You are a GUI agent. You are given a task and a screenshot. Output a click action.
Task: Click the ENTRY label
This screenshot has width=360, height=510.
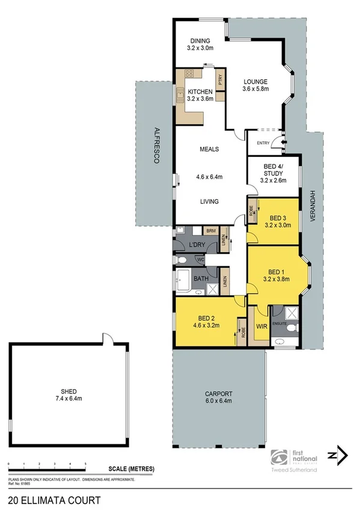263,143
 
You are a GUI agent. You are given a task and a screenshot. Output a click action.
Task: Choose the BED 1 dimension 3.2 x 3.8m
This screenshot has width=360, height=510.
276,279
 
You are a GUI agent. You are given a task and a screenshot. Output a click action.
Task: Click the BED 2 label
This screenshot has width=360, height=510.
206,319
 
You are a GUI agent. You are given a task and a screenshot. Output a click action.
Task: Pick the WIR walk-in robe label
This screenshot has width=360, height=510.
261,326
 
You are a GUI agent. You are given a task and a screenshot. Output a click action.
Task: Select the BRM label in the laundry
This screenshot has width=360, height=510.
210,230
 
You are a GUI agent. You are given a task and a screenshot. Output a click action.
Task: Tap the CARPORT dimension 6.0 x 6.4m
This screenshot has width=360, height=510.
218,401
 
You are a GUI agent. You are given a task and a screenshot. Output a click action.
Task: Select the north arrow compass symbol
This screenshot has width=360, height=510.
338,455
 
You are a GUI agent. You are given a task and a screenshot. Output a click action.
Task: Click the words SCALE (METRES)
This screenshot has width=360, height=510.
132,469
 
